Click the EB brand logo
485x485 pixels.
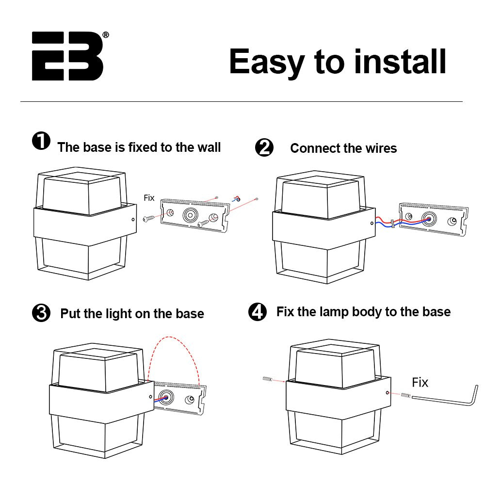pyautogui.click(x=67, y=56)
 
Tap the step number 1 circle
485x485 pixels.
pyautogui.click(x=41, y=142)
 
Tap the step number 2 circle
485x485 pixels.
pyautogui.click(x=264, y=148)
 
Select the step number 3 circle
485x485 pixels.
pyautogui.click(x=41, y=313)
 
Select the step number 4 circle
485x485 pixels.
pyautogui.click(x=258, y=312)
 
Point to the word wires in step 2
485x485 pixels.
pyautogui.click(x=378, y=148)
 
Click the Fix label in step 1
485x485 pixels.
pyautogui.click(x=149, y=198)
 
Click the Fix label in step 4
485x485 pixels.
pyautogui.click(x=420, y=383)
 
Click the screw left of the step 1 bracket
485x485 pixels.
pyautogui.click(x=149, y=219)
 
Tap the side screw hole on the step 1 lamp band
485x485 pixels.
pyautogui.click(x=133, y=220)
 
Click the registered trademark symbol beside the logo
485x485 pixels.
pyautogui.click(x=106, y=35)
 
